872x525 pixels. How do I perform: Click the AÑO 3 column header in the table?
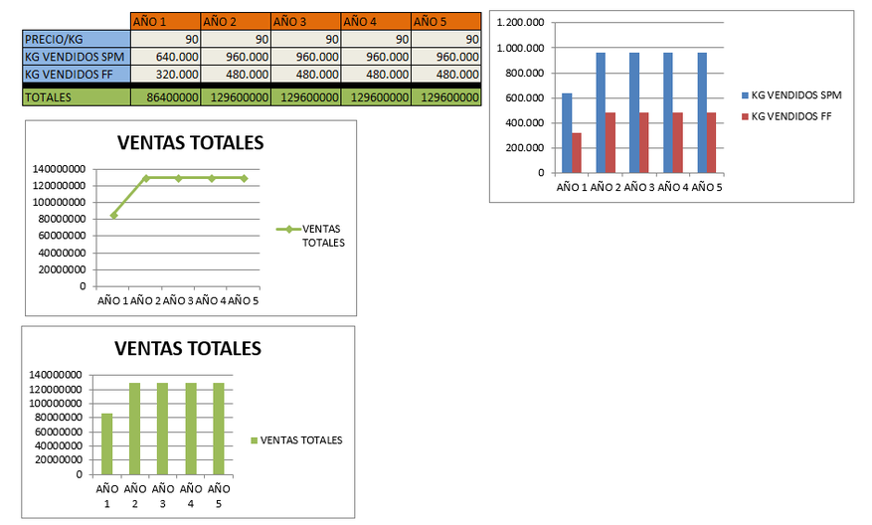(304, 20)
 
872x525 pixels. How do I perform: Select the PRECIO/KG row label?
(77, 39)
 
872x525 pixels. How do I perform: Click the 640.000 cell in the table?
(166, 57)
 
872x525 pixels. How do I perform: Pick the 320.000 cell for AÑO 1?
(166, 74)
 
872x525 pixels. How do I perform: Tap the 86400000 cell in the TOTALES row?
(166, 97)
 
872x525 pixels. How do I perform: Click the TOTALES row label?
(77, 97)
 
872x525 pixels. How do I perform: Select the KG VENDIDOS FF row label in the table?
(77, 74)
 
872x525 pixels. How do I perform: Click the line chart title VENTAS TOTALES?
(190, 142)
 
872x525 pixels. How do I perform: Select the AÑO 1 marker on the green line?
(113, 214)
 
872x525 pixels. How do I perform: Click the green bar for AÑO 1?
(106, 443)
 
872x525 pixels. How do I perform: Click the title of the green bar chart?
(188, 348)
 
